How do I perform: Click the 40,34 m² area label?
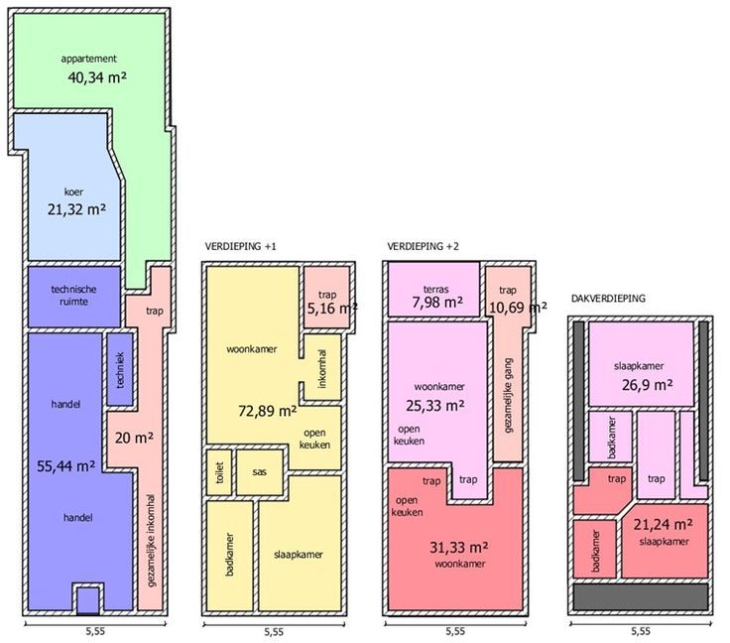[97, 77]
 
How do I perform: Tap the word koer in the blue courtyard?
[73, 192]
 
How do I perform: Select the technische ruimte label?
[73, 295]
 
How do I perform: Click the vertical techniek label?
[120, 370]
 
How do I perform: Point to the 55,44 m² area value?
[66, 466]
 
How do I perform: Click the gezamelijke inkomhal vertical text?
[151, 540]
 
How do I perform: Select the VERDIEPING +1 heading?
[240, 246]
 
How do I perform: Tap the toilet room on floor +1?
[220, 472]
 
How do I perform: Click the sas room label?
[259, 472]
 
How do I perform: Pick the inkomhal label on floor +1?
[322, 368]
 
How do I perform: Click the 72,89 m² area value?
[268, 411]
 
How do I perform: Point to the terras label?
[436, 289]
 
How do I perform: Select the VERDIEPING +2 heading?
[423, 246]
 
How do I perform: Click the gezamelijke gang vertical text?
[508, 396]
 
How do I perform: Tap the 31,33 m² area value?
[459, 548]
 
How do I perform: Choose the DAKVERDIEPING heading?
[608, 299]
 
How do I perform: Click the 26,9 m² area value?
[647, 385]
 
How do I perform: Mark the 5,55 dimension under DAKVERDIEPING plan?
[641, 631]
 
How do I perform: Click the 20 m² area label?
[134, 439]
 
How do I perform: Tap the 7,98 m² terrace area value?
[437, 303]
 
